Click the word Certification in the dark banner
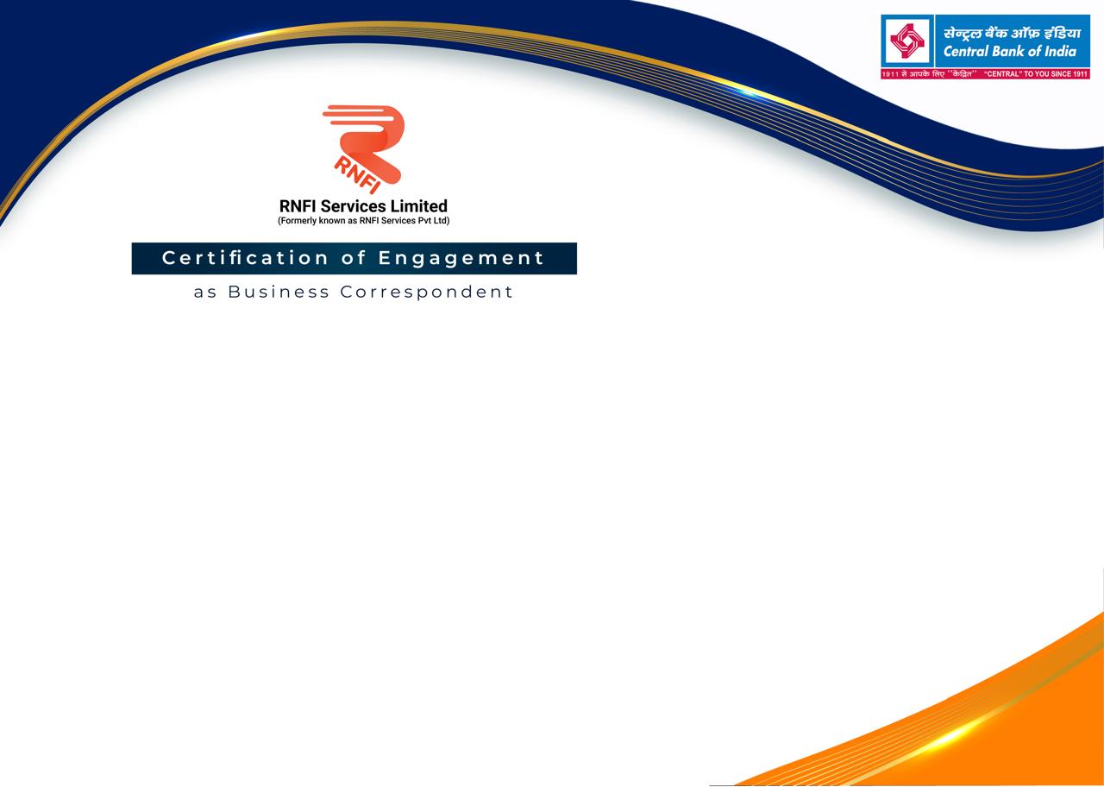click(x=245, y=258)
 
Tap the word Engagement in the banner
click(x=461, y=259)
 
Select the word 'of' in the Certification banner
click(x=353, y=257)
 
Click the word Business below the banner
click(x=279, y=292)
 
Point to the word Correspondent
click(x=426, y=293)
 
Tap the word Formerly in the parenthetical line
click(x=298, y=220)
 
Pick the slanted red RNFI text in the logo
click(x=357, y=175)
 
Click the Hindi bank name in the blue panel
click(x=1012, y=33)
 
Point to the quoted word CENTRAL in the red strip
click(x=1002, y=74)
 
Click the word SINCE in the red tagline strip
click(x=1060, y=74)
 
